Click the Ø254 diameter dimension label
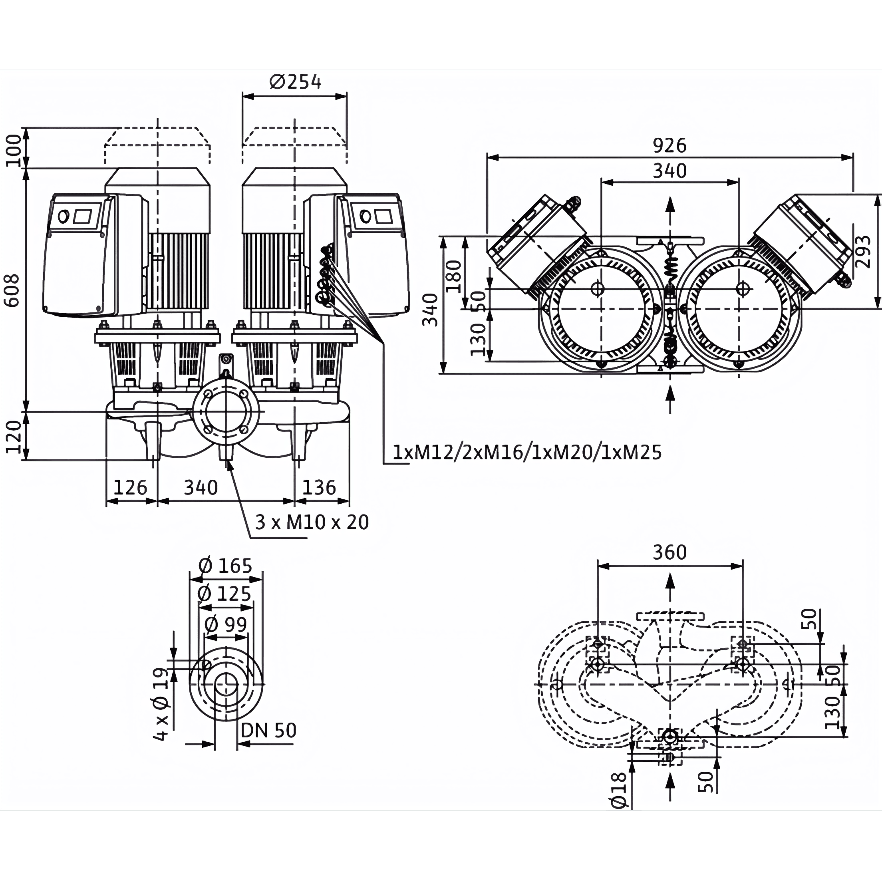tap(295, 82)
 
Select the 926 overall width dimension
tap(669, 146)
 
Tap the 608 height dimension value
tap(12, 290)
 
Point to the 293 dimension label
tap(862, 252)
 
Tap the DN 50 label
tap(268, 731)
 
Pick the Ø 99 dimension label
tap(226, 624)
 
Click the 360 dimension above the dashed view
tap(669, 552)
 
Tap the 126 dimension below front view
tap(130, 488)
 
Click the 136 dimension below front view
tap(319, 488)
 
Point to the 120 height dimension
tap(14, 437)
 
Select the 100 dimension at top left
tap(14, 150)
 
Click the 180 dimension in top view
tap(454, 276)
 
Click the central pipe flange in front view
tap(226, 411)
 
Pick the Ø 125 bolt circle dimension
tap(224, 594)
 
